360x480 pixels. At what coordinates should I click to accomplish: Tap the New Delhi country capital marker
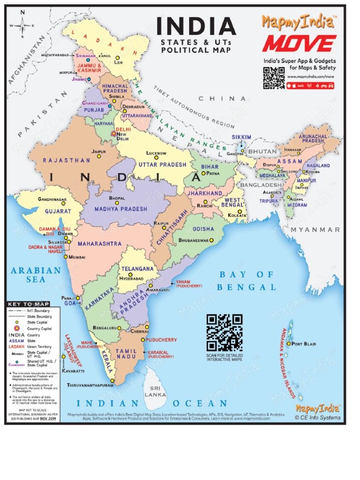click(x=113, y=134)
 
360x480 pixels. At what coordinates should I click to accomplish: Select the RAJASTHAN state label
click(x=67, y=160)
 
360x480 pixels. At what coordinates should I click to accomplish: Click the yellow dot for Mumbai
click(x=66, y=257)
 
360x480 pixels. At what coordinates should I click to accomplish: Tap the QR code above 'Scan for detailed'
click(x=225, y=333)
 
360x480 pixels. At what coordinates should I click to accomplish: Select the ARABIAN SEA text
click(x=36, y=275)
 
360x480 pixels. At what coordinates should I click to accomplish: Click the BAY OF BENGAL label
click(x=247, y=281)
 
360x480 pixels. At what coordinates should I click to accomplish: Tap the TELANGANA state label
click(x=138, y=269)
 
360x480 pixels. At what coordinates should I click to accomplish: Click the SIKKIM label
click(x=241, y=137)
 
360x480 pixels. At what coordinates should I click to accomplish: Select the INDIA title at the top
click(x=195, y=27)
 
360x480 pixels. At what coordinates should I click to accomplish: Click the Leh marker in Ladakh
click(x=118, y=57)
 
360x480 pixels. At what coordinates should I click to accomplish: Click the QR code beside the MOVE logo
click(x=274, y=78)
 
